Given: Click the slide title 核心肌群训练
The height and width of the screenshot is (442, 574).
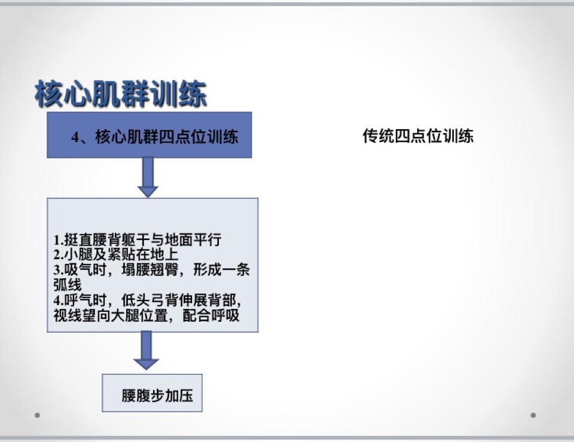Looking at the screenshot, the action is [x=121, y=94].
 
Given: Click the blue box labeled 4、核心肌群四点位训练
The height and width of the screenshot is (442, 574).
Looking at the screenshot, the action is [x=149, y=135].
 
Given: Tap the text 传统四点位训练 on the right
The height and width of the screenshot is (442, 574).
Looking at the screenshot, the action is [x=418, y=136].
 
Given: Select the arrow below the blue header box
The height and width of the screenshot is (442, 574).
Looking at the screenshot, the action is [x=148, y=177].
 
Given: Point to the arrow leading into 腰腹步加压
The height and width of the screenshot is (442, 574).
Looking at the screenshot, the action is [x=146, y=350].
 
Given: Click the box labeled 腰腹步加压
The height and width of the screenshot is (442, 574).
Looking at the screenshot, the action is [x=152, y=393].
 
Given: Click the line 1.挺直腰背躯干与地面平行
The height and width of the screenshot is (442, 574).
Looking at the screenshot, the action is [x=138, y=240].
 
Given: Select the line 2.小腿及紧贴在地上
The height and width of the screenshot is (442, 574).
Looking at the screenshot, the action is [x=116, y=254].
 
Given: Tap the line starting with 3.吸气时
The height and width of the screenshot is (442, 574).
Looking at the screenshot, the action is [x=151, y=270].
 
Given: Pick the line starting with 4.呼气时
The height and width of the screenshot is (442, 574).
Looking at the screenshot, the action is [x=148, y=300].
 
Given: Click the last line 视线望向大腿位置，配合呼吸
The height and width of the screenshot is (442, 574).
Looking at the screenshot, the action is [x=146, y=315].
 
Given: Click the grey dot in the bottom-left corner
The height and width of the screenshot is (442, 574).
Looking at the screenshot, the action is [x=37, y=415].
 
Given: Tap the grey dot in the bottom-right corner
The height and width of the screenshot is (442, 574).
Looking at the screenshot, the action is [x=533, y=415].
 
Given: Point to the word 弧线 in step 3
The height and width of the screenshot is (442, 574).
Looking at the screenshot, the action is [x=68, y=285].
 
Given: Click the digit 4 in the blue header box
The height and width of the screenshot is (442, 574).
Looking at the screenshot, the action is [x=75, y=137].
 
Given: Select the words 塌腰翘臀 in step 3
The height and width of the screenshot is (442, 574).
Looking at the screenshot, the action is [x=149, y=270].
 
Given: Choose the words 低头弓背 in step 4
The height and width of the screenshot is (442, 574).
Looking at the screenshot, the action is [x=149, y=300].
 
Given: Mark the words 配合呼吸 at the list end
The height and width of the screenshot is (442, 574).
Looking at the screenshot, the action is [x=211, y=315].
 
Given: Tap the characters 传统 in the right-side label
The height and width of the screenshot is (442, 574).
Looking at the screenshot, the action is [x=378, y=136].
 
